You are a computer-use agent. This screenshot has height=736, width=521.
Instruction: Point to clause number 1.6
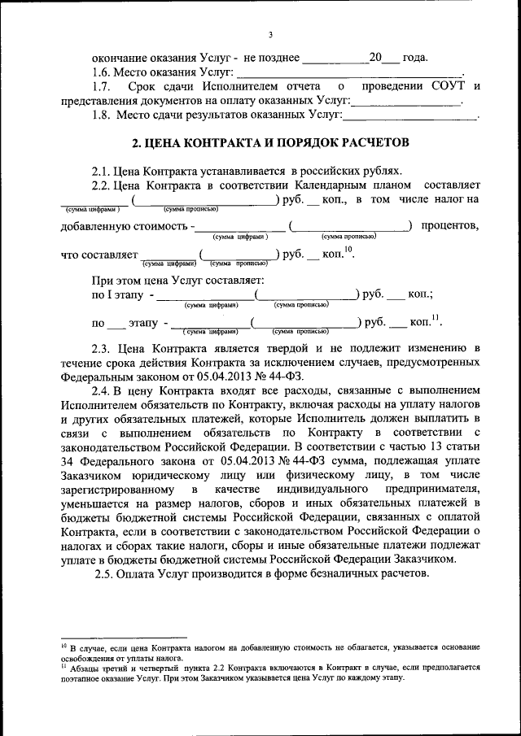pyautogui.click(x=101, y=72)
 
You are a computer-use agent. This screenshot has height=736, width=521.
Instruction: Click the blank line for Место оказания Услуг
pyautogui.click(x=350, y=72)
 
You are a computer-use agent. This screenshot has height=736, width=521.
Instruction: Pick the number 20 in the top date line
pyautogui.click(x=375, y=59)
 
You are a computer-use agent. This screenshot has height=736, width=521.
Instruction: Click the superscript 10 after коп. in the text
pyautogui.click(x=348, y=249)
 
